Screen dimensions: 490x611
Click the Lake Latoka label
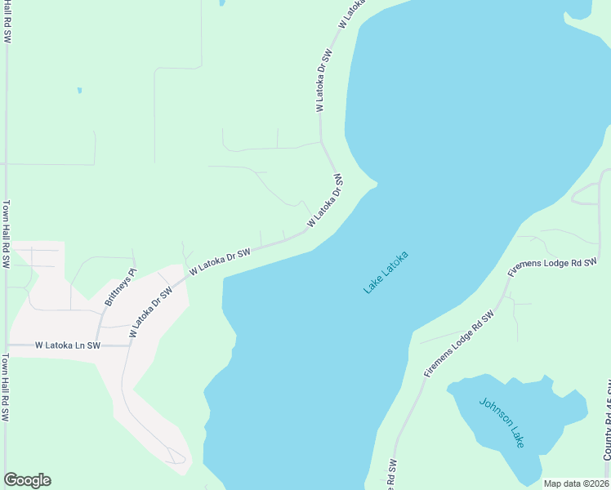click(386, 273)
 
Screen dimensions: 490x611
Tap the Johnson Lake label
click(501, 421)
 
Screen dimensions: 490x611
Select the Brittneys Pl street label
click(120, 287)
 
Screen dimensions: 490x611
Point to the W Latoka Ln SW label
click(67, 345)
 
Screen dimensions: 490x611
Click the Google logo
click(27, 480)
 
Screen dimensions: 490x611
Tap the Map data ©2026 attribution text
click(575, 483)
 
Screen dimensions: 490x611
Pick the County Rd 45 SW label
click(607, 433)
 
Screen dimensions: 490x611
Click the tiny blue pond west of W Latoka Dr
click(79, 90)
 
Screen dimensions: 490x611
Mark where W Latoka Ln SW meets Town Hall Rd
click(7, 345)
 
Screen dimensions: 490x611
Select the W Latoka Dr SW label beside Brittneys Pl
click(151, 311)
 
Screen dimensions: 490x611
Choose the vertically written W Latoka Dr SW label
click(323, 80)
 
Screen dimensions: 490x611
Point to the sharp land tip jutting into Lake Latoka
click(377, 183)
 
